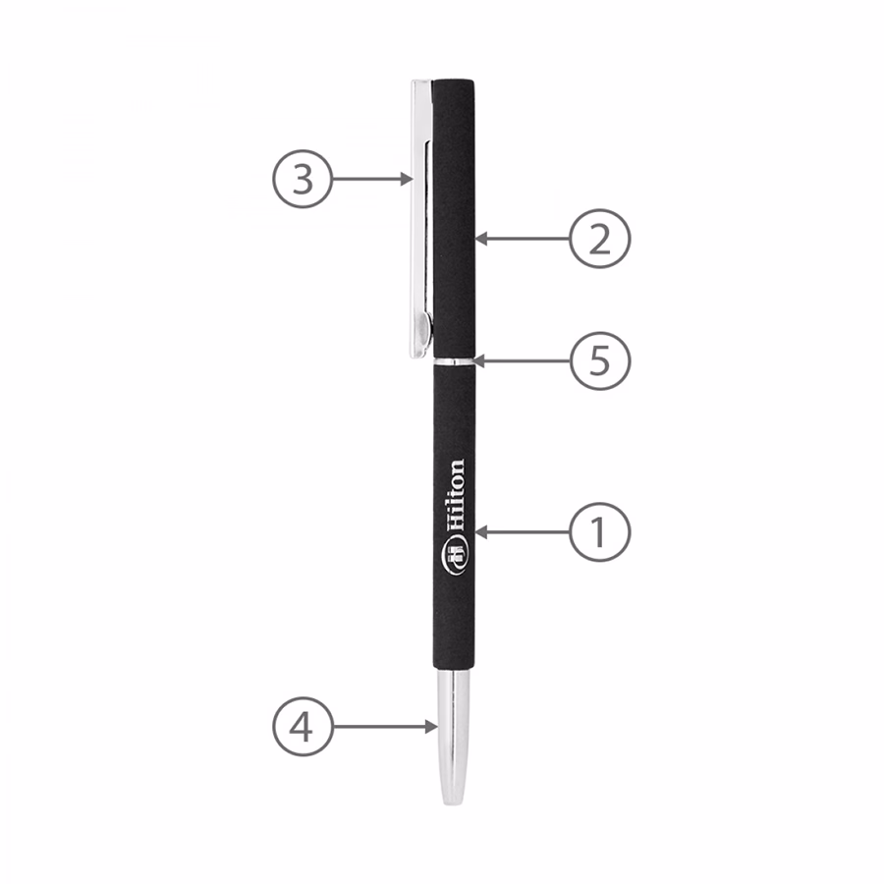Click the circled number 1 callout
tap(599, 531)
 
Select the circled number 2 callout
tap(599, 239)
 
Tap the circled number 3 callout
tap(303, 179)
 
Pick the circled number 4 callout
tap(303, 727)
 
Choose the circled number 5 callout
tap(599, 360)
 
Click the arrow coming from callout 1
tap(523, 531)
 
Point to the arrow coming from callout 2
tap(523, 239)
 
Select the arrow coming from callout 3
tap(372, 179)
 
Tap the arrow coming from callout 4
tap(385, 727)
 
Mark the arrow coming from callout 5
tap(523, 360)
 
